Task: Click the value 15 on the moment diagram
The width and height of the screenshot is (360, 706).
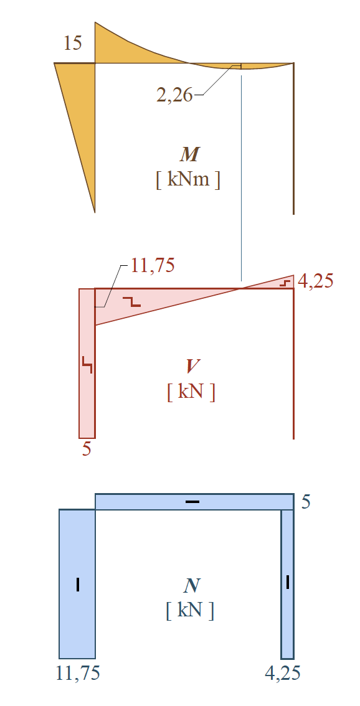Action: (72, 44)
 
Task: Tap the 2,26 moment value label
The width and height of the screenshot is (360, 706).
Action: (174, 95)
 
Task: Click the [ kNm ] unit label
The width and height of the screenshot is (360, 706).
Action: (188, 180)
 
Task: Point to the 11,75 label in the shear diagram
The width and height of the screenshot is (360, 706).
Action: (153, 266)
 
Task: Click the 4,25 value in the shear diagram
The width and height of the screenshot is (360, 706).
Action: (315, 281)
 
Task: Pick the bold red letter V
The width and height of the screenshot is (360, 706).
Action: (191, 367)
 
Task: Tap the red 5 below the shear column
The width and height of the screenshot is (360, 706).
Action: (87, 449)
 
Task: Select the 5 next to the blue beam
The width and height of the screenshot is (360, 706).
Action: (305, 502)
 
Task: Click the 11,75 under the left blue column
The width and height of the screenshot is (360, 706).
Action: (77, 674)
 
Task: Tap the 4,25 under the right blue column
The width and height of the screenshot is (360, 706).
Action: (283, 674)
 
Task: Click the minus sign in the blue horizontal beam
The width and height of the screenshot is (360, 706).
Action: (192, 502)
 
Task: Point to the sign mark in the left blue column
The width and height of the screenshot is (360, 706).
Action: (78, 585)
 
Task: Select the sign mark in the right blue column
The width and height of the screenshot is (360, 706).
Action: (288, 581)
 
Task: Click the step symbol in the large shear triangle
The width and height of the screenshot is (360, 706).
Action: (132, 302)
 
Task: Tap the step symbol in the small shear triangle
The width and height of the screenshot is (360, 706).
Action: (284, 283)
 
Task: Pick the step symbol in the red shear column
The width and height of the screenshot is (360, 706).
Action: (87, 365)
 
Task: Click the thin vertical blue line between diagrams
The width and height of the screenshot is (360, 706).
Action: (242, 178)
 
